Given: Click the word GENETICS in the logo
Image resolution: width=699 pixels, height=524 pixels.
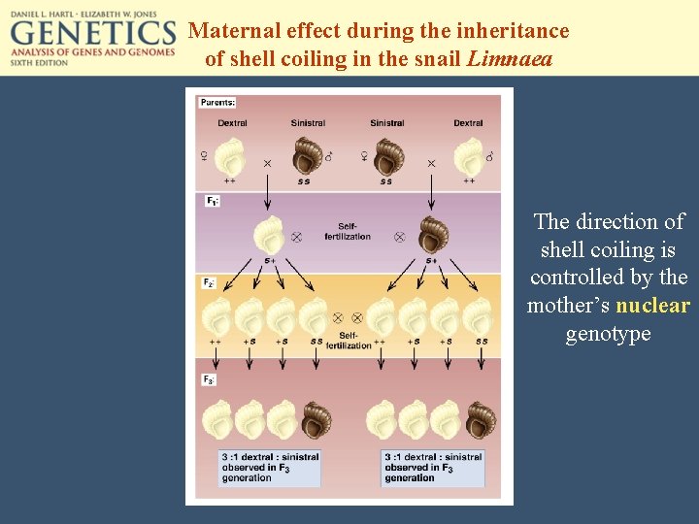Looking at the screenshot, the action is tap(93, 34).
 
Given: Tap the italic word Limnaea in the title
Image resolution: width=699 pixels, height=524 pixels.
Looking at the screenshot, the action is tap(510, 58).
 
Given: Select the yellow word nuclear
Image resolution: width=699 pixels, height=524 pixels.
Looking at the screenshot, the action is tap(652, 306).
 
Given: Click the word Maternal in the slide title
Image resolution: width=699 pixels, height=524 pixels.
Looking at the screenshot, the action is tap(233, 30).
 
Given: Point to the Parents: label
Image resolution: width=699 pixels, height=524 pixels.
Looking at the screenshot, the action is tap(217, 102).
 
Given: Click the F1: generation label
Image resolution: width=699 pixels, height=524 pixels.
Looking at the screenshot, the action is tap(212, 201).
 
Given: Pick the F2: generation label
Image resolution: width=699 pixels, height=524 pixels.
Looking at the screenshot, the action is tap(209, 283).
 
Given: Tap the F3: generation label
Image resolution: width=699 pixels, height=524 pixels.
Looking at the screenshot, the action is tap(209, 379).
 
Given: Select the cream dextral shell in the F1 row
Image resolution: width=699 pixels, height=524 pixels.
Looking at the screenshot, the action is tap(268, 236).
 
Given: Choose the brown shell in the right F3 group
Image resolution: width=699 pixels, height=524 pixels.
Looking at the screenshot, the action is tap(481, 420).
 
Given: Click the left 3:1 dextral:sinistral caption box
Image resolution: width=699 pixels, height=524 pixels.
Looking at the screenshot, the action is tap(269, 467).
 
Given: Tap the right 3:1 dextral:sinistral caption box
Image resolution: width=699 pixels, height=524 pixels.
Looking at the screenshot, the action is tap(433, 467).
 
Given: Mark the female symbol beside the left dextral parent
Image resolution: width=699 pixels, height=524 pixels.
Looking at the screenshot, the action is tap(205, 156).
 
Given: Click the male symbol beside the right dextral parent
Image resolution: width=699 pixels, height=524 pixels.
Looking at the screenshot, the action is tap(489, 156).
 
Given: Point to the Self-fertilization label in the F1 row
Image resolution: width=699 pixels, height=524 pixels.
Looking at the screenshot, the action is tap(348, 231).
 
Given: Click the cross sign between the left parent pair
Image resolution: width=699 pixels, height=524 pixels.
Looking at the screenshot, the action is tap(268, 164).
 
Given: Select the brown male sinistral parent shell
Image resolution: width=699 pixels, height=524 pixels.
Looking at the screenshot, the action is tap(308, 155).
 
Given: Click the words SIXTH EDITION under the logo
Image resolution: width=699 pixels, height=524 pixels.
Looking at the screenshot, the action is tap(40, 62).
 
